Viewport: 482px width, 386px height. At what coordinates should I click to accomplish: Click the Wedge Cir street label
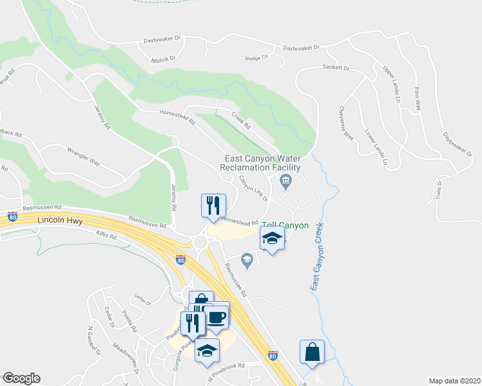[256, 58]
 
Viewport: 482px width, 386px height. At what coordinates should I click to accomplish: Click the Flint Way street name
[417, 100]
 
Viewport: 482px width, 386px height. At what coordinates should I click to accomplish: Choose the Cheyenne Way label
[347, 124]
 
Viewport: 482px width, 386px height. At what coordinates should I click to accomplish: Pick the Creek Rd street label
[241, 120]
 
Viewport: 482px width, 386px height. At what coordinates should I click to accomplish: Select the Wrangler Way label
[84, 158]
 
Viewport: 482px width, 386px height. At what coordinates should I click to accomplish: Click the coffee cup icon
[215, 317]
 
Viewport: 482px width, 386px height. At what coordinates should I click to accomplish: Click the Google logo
[21, 378]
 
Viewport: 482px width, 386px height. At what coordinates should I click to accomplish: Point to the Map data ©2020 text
[454, 381]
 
